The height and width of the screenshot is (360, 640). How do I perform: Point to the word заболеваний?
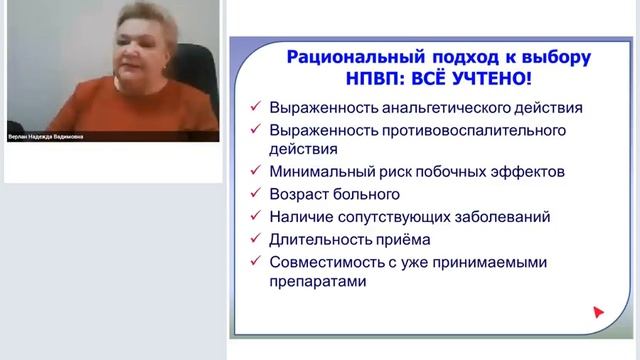503,215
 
